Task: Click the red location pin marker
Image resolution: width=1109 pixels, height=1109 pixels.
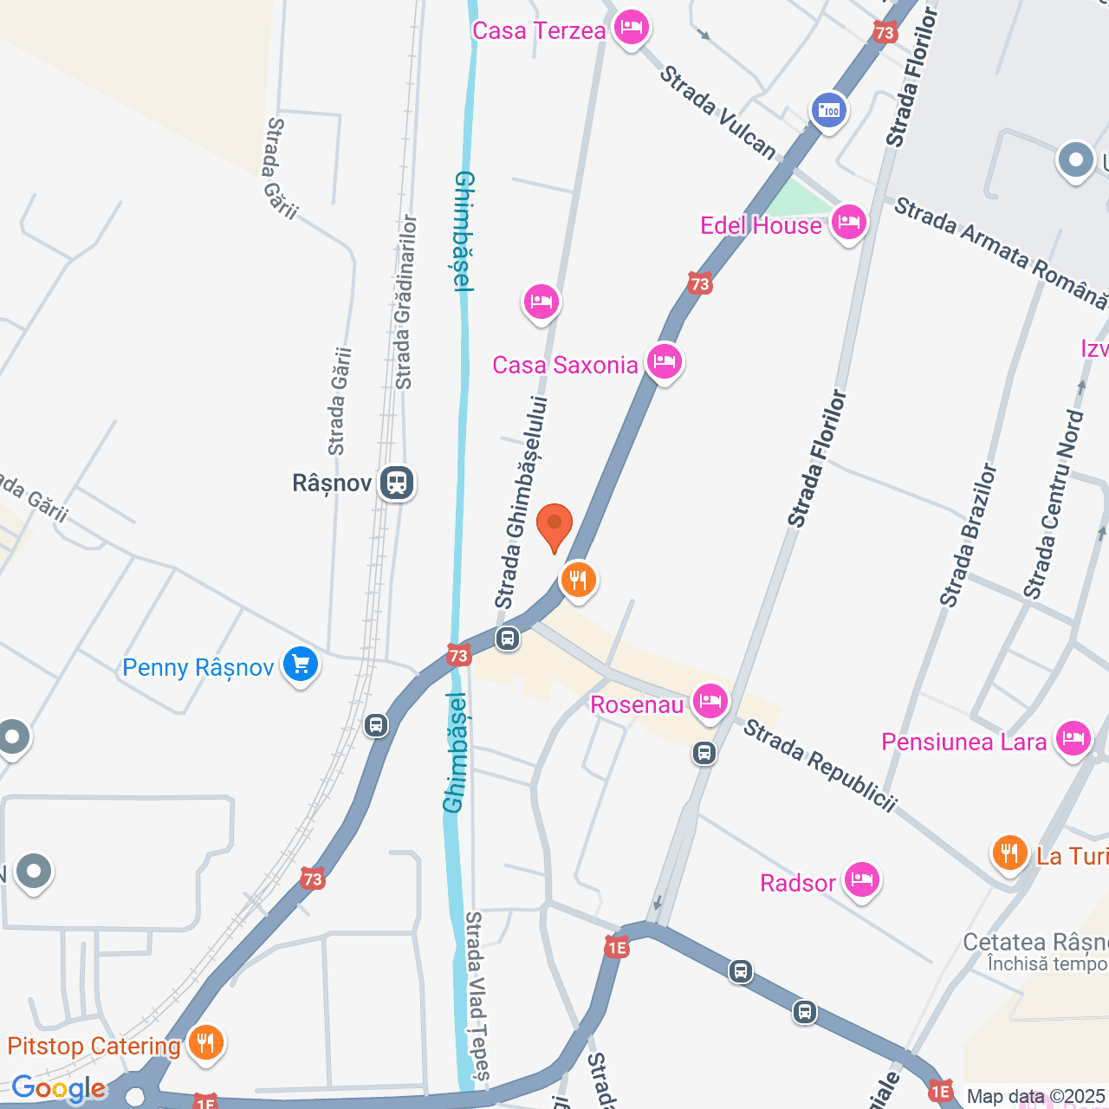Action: (x=554, y=526)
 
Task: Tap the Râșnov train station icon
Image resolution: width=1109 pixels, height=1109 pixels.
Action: (x=397, y=483)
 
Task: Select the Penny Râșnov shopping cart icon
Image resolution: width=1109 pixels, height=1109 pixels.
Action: (x=301, y=665)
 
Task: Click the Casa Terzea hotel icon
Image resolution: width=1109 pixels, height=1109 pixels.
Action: (x=631, y=28)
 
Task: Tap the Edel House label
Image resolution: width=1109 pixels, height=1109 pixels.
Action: (x=761, y=225)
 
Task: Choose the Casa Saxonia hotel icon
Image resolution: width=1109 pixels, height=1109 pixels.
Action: (x=665, y=361)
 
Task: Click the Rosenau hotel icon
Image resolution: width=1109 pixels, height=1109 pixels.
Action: (x=710, y=701)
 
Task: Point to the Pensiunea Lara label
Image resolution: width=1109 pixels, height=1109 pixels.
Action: (x=963, y=742)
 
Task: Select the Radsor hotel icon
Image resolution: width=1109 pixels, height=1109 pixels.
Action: (x=861, y=880)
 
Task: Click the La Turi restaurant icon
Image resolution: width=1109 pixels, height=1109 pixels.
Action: (x=1009, y=853)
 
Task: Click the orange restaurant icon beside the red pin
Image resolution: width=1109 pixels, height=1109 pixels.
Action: (x=578, y=579)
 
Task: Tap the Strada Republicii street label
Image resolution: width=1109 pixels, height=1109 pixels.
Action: (x=820, y=766)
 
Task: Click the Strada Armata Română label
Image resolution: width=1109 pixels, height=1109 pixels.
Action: (x=1001, y=252)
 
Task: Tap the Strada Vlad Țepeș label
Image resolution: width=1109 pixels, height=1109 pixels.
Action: (x=478, y=996)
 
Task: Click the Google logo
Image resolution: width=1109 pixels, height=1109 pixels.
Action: (x=58, y=1089)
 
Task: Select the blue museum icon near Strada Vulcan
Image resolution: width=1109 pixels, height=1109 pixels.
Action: (x=829, y=110)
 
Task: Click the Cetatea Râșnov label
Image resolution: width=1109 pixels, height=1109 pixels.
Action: (x=1035, y=942)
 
